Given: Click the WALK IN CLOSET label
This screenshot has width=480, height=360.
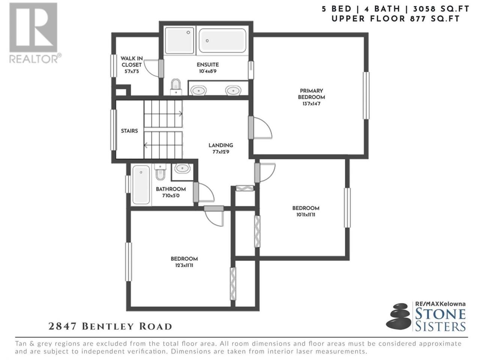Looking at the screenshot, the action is click(132, 61).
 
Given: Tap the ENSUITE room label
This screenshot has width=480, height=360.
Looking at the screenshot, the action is click(207, 65).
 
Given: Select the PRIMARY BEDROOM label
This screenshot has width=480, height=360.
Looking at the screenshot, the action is click(311, 94).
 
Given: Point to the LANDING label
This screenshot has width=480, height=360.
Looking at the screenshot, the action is click(220, 145).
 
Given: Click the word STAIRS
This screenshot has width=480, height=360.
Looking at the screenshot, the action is click(129, 131).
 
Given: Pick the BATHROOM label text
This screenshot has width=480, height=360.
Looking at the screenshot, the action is click(171, 189).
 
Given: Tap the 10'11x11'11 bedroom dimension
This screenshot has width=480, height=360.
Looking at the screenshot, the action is click(306, 215).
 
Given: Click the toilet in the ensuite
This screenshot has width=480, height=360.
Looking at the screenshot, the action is click(176, 87).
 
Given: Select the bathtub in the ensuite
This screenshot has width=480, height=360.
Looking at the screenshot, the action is click(222, 40).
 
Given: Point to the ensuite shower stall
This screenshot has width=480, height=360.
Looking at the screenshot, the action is click(179, 40).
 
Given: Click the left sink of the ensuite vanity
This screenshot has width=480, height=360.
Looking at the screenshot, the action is click(198, 90).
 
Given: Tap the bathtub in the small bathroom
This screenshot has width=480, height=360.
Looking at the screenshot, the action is click(141, 185).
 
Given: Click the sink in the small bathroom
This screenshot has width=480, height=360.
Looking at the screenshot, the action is click(182, 169).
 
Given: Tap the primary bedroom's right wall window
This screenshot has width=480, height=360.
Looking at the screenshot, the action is click(366, 96).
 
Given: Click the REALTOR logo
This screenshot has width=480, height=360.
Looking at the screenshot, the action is click(35, 33).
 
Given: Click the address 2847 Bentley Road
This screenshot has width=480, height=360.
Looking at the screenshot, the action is click(110, 326).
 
